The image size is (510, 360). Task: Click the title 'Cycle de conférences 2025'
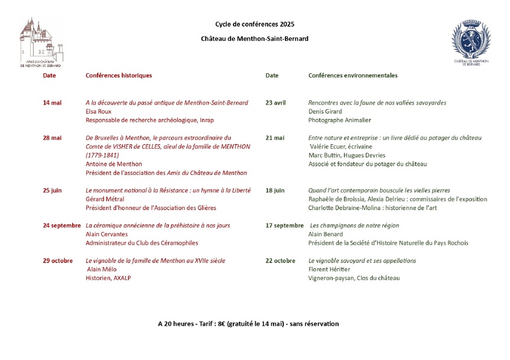click(x=254, y=25)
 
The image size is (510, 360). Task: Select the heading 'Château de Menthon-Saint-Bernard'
click(x=254, y=39)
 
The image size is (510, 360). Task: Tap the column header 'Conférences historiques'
click(x=119, y=76)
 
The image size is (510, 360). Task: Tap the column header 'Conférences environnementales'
click(x=353, y=76)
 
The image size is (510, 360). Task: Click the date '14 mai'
click(x=52, y=103)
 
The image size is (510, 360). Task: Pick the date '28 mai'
click(x=52, y=138)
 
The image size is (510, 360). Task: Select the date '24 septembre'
click(x=61, y=225)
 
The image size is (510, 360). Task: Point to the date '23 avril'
click(x=275, y=103)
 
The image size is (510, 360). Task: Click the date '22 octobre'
click(x=280, y=261)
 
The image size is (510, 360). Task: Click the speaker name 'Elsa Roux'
click(x=99, y=111)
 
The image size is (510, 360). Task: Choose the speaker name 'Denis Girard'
click(x=326, y=111)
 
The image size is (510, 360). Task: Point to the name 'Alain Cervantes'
click(x=107, y=234)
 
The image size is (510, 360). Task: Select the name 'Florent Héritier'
click(x=329, y=270)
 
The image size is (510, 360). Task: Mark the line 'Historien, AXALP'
click(x=108, y=278)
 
